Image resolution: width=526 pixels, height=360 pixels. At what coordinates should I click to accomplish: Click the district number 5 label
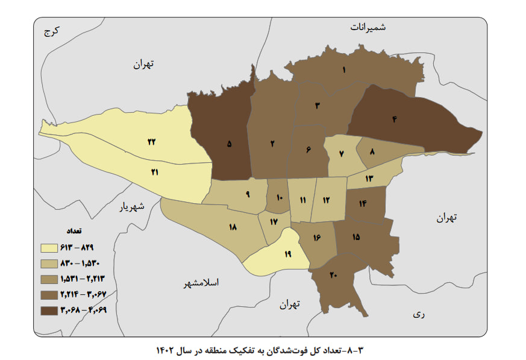(228, 144)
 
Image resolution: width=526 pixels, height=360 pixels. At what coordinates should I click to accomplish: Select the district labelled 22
(152, 142)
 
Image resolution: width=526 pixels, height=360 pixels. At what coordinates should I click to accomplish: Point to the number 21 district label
(155, 172)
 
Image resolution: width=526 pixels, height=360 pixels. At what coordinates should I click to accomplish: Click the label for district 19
(288, 254)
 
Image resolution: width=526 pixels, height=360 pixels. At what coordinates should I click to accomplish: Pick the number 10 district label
(279, 198)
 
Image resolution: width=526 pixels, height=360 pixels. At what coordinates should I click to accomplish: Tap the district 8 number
(372, 153)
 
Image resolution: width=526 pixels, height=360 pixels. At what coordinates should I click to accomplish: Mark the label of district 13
(369, 178)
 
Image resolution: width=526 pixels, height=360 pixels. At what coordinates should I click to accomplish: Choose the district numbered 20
(333, 275)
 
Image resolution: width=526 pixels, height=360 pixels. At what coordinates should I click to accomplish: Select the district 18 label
(233, 227)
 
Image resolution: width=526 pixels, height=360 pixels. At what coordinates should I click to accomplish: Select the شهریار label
(131, 207)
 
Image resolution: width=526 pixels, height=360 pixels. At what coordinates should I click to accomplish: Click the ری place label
(418, 314)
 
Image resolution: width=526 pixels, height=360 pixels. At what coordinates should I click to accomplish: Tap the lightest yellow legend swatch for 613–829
(49, 247)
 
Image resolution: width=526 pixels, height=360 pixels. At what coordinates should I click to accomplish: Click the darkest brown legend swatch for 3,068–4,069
(49, 310)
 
